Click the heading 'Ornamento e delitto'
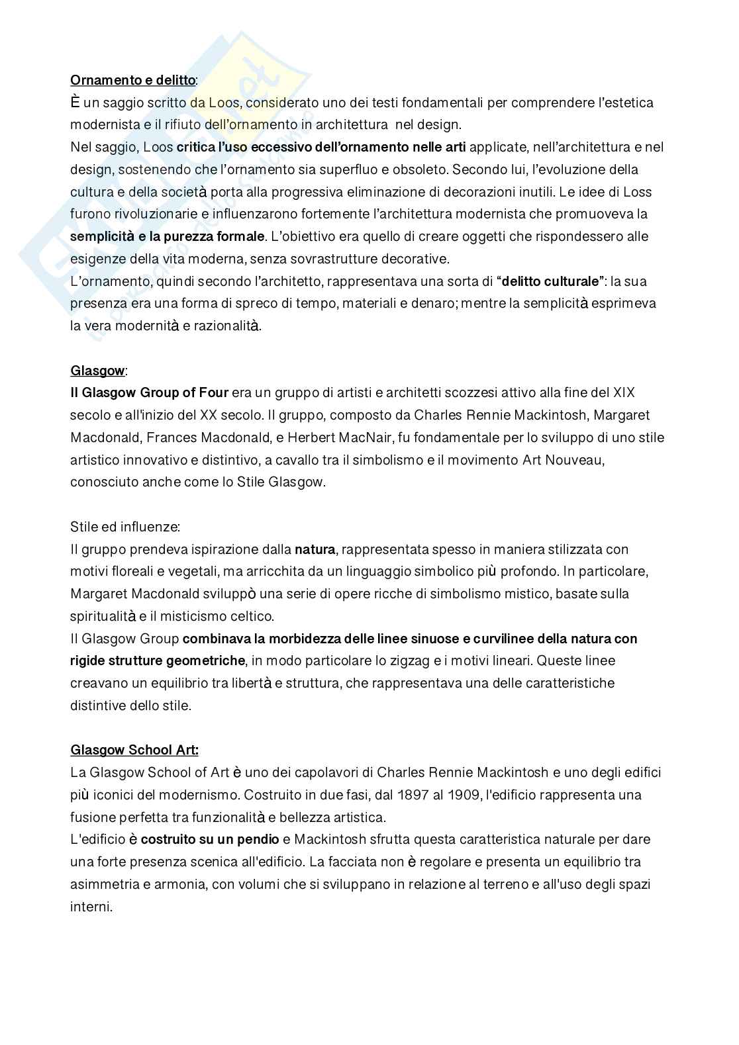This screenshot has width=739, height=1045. tap(132, 80)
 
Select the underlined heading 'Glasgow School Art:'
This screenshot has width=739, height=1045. tap(134, 750)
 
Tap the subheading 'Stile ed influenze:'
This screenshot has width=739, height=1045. tap(124, 527)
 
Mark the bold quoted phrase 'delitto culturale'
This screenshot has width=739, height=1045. tap(550, 281)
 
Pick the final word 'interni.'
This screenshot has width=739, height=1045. tap(91, 907)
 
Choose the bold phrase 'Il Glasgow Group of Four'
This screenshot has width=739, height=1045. tap(149, 392)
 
